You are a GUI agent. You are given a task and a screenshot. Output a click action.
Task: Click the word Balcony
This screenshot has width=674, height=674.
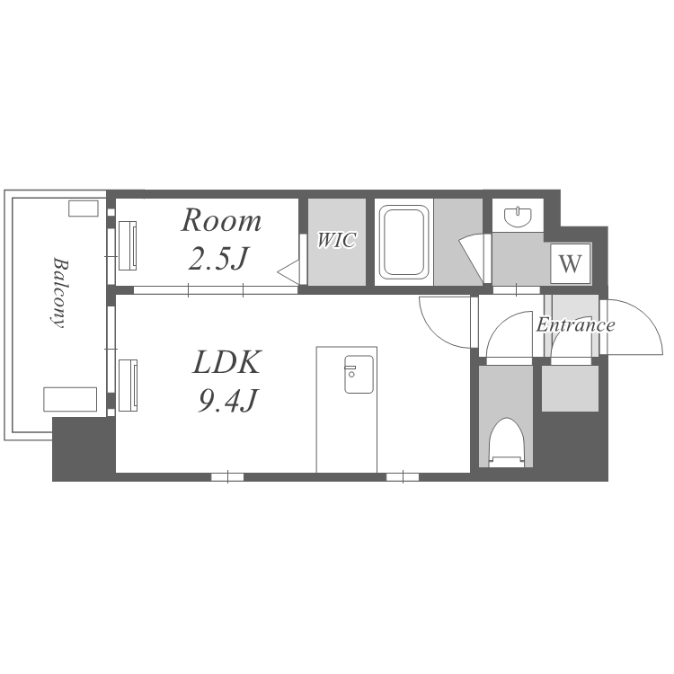[58, 292]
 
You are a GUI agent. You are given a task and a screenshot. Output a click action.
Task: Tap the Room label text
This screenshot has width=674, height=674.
[221, 220]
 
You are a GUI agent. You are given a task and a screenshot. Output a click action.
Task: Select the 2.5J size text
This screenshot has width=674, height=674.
[219, 258]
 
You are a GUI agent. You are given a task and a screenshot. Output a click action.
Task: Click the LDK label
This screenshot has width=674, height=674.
[226, 362]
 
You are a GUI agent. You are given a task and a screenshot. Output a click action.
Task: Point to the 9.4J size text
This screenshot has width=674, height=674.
[227, 400]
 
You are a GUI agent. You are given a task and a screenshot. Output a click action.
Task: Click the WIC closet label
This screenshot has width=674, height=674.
[337, 240]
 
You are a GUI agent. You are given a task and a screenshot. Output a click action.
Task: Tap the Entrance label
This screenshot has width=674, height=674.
[575, 325]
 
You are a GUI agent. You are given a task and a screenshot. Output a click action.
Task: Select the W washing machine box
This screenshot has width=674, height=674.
[571, 263]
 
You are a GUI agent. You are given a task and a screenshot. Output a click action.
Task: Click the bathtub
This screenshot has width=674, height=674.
[404, 242]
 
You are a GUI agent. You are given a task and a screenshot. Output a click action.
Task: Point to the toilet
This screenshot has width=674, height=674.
[508, 443]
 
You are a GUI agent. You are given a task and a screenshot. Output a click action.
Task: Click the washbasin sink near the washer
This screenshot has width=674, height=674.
[518, 217]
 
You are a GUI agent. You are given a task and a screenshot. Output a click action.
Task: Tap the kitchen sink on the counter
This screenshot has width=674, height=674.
[359, 374]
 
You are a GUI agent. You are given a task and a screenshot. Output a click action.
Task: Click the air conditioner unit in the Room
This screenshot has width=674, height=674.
[128, 245]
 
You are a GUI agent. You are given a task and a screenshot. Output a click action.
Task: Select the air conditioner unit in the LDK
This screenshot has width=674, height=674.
[128, 386]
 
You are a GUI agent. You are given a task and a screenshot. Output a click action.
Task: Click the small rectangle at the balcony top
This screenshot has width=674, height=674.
[84, 208]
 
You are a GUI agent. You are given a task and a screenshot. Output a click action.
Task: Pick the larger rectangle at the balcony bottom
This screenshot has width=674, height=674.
[70, 399]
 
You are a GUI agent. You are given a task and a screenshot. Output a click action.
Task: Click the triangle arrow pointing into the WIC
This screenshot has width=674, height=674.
[288, 271]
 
